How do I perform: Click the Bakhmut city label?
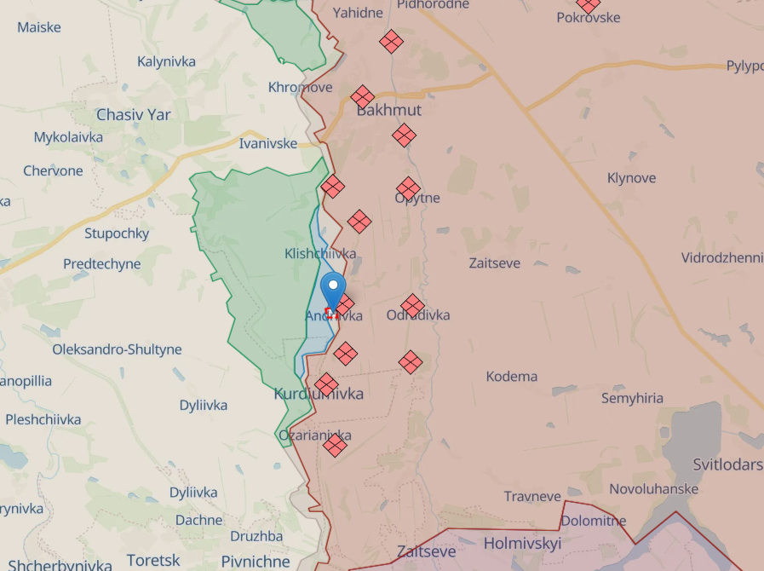tap(388, 111)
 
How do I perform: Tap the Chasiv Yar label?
tap(133, 114)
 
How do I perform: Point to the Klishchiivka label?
tap(320, 253)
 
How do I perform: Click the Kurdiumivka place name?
tap(319, 394)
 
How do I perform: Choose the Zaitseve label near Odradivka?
tap(494, 263)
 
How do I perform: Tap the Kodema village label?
tap(511, 376)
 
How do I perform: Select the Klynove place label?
tap(631, 178)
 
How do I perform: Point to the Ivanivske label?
tap(267, 143)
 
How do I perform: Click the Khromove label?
tap(300, 87)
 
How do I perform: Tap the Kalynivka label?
tap(166, 61)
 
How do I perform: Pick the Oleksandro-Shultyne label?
tap(117, 349)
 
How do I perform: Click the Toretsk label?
tap(153, 560)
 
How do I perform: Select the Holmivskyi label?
tap(521, 542)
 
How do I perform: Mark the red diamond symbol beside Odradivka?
tap(412, 306)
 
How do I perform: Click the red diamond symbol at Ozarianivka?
tap(335, 445)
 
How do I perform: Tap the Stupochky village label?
tap(117, 234)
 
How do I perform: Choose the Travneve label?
tap(532, 496)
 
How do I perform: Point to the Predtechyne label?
tap(101, 264)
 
